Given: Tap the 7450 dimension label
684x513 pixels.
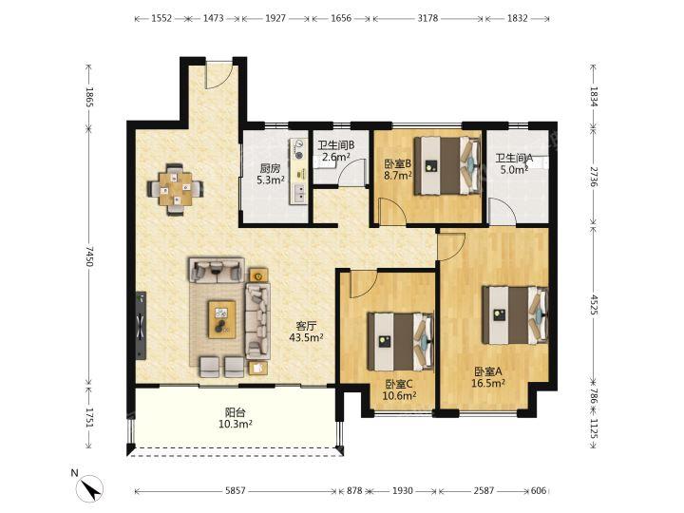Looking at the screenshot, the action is [89, 256].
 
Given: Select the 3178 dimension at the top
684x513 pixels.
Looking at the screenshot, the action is [427, 18].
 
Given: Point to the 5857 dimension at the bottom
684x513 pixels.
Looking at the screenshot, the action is [236, 491].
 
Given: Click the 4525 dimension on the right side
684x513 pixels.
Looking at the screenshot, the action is [594, 305].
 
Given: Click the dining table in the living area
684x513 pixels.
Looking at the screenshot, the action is [176, 189].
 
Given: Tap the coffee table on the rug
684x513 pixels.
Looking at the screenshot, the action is [221, 319].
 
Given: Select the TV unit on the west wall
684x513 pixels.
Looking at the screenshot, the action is [141, 325].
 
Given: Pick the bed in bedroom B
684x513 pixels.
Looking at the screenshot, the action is [447, 165].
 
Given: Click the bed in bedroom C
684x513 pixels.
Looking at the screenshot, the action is [401, 342].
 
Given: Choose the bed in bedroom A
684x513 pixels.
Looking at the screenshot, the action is [515, 314].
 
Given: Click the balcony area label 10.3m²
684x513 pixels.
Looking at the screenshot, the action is [236, 424].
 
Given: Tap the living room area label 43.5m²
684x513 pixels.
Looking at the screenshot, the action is [306, 336].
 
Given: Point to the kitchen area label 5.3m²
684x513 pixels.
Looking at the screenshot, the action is [271, 180].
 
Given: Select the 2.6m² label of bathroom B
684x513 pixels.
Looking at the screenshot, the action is [336, 157].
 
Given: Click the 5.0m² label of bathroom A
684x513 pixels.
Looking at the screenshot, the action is [514, 170].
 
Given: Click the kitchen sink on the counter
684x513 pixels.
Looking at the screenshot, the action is [299, 192].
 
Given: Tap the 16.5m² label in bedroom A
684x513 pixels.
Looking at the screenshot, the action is [488, 383].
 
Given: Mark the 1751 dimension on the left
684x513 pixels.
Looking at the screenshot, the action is [89, 418].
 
